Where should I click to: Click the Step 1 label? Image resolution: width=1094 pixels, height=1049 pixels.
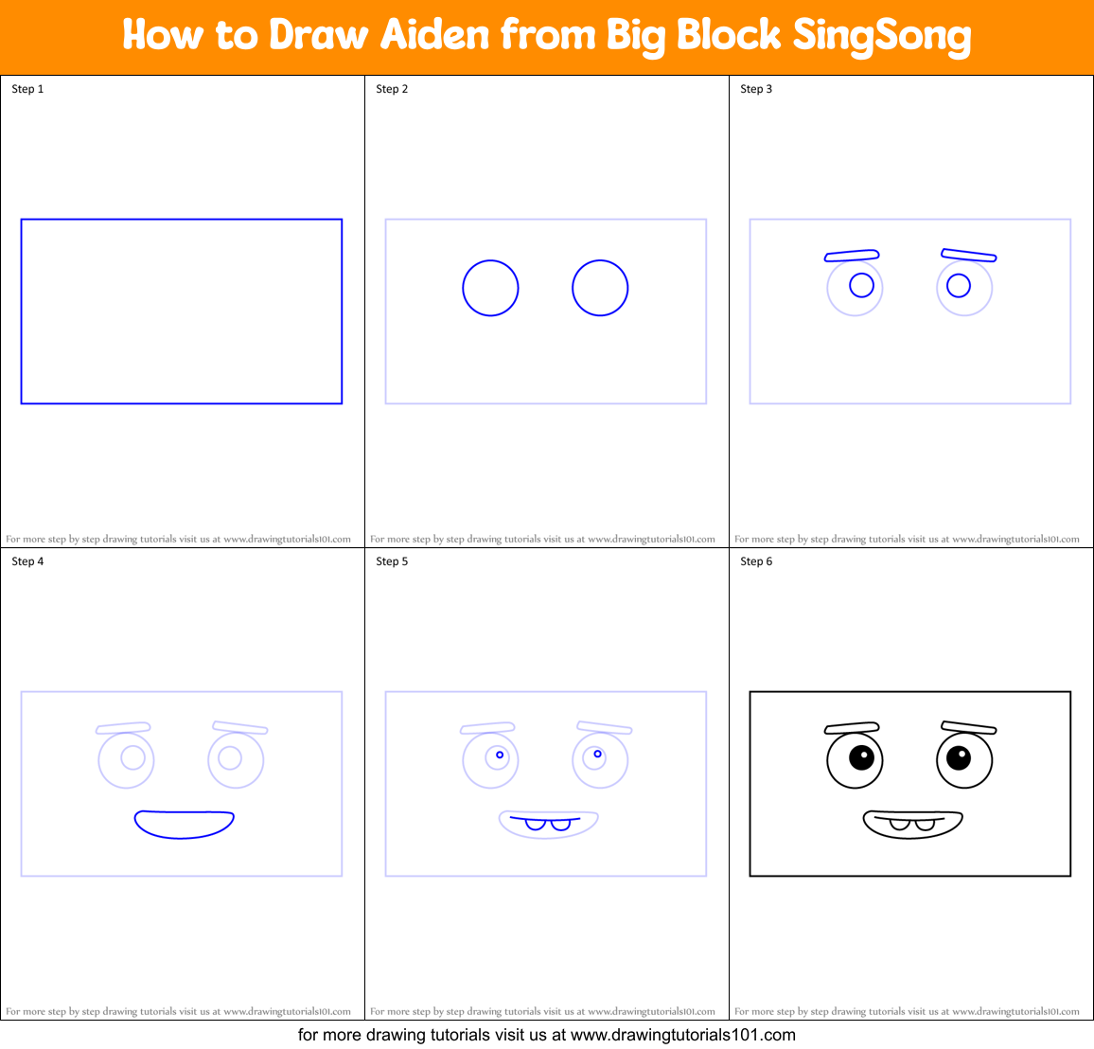[27, 89]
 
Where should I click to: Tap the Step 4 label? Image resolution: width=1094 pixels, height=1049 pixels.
[27, 561]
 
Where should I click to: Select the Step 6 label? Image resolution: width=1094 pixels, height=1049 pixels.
[756, 561]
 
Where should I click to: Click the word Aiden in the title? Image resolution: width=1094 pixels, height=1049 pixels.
[435, 35]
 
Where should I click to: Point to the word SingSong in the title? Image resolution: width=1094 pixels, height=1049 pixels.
[881, 36]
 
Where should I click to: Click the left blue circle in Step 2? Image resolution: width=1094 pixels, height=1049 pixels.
[490, 288]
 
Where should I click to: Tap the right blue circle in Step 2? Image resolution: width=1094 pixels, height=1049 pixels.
[600, 288]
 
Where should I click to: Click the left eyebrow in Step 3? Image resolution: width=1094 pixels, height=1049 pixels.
[852, 256]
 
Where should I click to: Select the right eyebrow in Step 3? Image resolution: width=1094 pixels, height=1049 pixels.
[968, 255]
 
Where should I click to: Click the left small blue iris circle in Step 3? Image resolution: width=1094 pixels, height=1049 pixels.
[861, 285]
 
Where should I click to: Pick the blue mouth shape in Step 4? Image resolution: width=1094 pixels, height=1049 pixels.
[185, 824]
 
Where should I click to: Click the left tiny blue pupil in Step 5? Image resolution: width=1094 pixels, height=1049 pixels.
[500, 756]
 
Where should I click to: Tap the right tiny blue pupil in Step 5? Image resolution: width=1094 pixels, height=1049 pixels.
[598, 755]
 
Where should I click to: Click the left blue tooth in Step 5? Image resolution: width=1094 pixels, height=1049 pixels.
[536, 824]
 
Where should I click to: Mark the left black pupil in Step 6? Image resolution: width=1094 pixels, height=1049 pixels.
[861, 757]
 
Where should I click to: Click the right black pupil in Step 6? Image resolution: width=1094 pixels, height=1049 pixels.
[959, 757]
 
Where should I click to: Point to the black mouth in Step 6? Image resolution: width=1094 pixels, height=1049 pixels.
[912, 825]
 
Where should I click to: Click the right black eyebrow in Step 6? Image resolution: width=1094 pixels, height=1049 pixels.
[968, 727]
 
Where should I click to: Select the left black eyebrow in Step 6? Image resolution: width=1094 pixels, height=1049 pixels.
[852, 728]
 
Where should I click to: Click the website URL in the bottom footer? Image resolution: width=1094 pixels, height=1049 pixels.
[682, 1035]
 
